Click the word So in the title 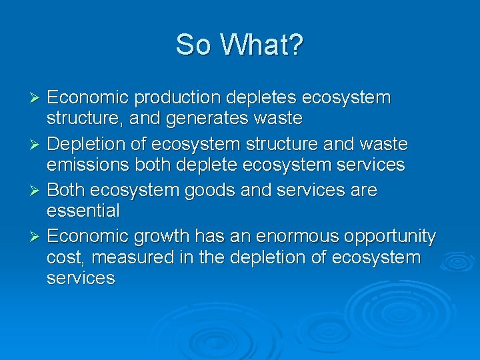point(191,45)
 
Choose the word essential point(83,211)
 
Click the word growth point(163,237)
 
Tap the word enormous point(289,237)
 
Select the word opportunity point(389,237)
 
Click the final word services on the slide point(81,278)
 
